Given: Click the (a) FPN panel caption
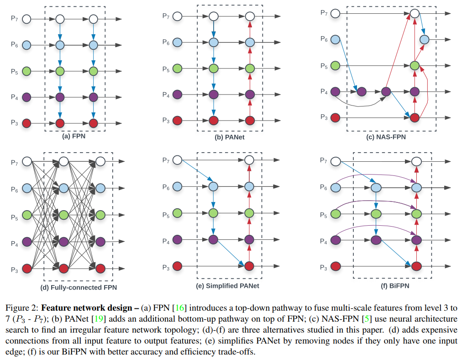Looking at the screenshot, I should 75,136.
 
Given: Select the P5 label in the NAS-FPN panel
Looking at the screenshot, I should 323,66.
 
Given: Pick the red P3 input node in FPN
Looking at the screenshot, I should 26,123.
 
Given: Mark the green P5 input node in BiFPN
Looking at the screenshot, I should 336,213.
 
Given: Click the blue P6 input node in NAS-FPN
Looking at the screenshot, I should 336,40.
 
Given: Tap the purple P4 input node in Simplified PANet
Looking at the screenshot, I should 178,239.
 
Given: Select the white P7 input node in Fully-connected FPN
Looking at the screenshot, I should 26,161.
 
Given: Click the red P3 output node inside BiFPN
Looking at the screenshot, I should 415,266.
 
